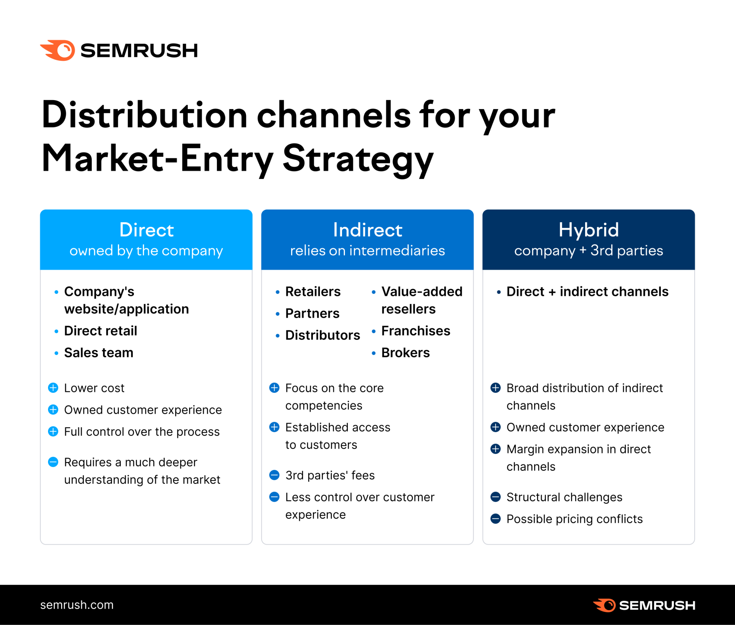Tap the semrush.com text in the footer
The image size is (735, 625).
click(77, 605)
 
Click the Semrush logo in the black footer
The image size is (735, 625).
click(644, 605)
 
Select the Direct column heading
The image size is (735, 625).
click(146, 230)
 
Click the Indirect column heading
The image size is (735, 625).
click(367, 230)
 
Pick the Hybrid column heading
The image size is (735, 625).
click(588, 230)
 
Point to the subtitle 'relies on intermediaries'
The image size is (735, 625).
click(367, 251)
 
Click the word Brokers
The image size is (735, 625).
click(405, 353)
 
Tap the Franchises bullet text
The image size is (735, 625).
click(416, 331)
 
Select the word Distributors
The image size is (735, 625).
click(322, 335)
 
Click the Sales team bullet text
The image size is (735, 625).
click(99, 353)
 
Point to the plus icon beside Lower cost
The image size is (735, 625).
click(53, 388)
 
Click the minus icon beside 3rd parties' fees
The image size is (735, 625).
click(274, 475)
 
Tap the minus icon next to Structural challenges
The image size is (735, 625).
click(496, 497)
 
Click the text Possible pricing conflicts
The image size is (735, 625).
click(574, 519)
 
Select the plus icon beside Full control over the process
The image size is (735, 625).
click(53, 431)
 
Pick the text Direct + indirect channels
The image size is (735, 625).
click(587, 291)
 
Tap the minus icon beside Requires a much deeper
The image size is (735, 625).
click(53, 462)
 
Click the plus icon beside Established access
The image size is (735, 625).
click(274, 427)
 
